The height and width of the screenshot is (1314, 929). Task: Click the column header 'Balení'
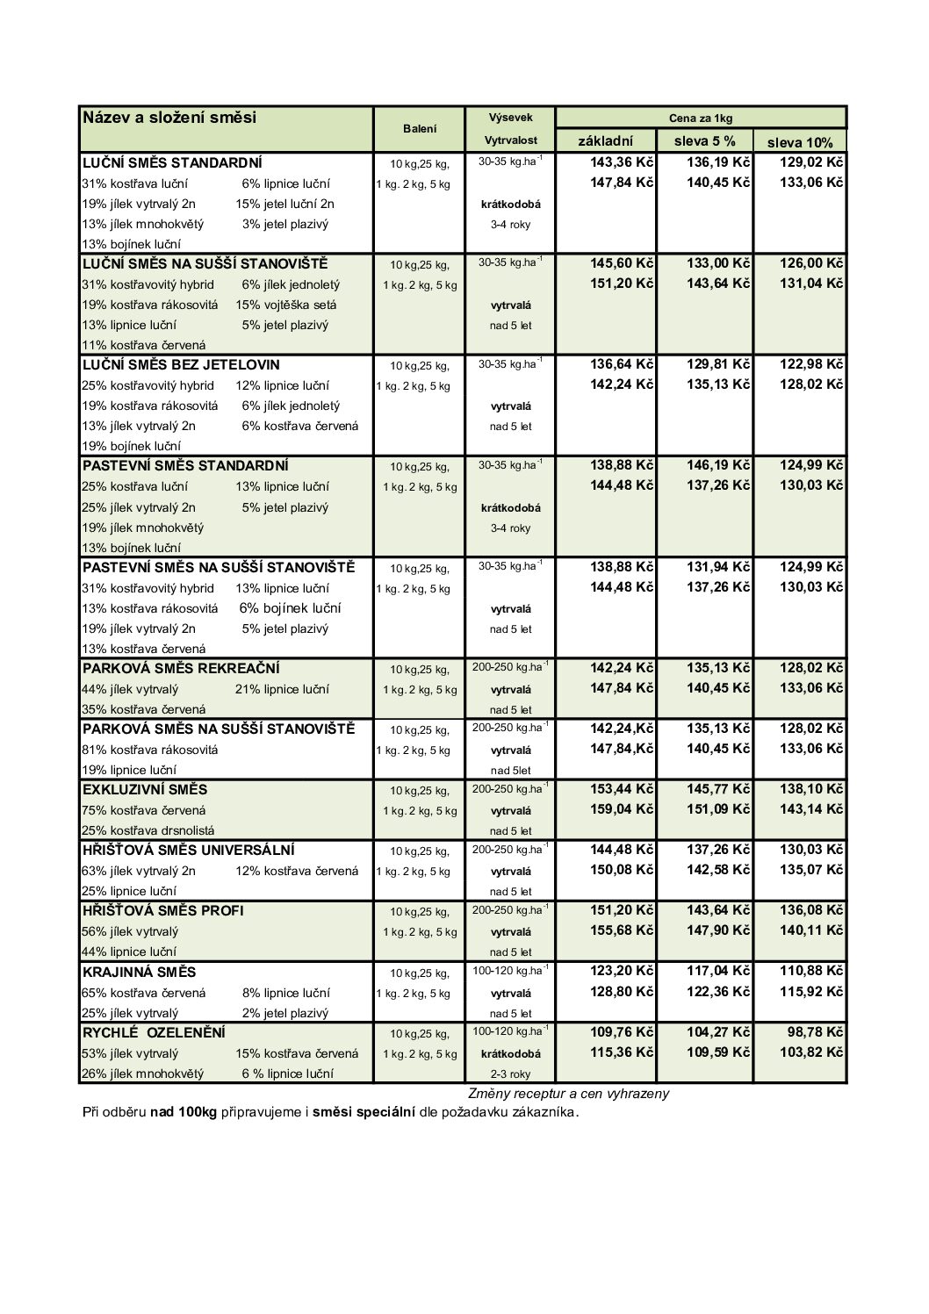pos(420,129)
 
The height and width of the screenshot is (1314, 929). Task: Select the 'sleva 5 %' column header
pos(704,140)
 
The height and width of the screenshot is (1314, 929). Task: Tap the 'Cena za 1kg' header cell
pos(700,118)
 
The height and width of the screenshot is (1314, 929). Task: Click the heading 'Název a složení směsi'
pos(169,118)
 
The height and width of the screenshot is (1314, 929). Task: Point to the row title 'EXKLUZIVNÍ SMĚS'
pos(145,789)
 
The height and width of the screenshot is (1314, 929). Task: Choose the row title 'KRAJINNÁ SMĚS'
pos(139,972)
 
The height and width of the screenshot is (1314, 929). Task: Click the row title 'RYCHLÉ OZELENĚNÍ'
pos(154,1032)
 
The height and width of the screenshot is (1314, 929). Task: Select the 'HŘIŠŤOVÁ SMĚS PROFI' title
pos(162,910)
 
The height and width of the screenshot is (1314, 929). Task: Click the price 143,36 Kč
pos(622,162)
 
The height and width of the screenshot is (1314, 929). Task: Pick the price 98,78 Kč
pos(815,1032)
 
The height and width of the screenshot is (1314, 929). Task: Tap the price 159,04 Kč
pos(622,809)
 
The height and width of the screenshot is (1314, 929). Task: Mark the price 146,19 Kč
pos(718,465)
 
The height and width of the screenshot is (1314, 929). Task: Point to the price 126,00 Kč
pos(811,263)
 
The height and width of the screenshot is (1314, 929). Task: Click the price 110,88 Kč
pos(811,971)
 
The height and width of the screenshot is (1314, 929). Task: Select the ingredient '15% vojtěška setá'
pos(285,305)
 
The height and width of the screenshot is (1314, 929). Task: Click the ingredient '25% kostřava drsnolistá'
pos(148,829)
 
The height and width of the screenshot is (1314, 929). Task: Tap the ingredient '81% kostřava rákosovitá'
pos(150,750)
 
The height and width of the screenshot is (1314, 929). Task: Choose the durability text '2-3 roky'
pos(510,1073)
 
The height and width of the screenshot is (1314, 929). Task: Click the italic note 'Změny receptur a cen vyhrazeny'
pos(568,1094)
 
